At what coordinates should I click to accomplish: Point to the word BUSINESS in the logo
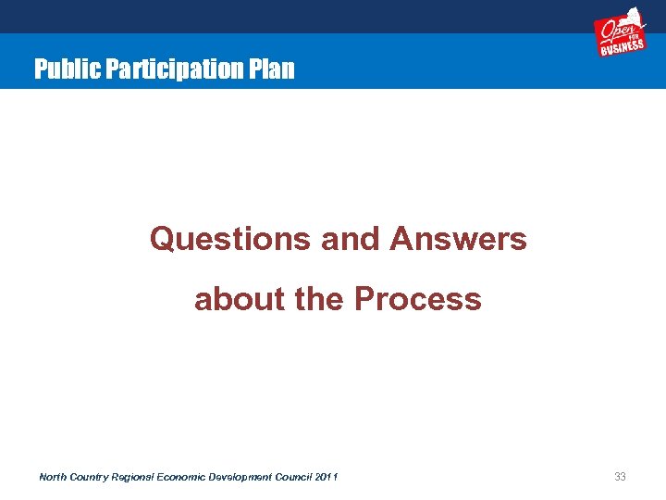click(623, 47)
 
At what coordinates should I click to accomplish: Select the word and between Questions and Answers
click(351, 239)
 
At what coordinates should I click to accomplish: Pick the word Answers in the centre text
click(458, 239)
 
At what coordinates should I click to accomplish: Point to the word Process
click(418, 299)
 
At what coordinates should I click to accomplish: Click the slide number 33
click(621, 477)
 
